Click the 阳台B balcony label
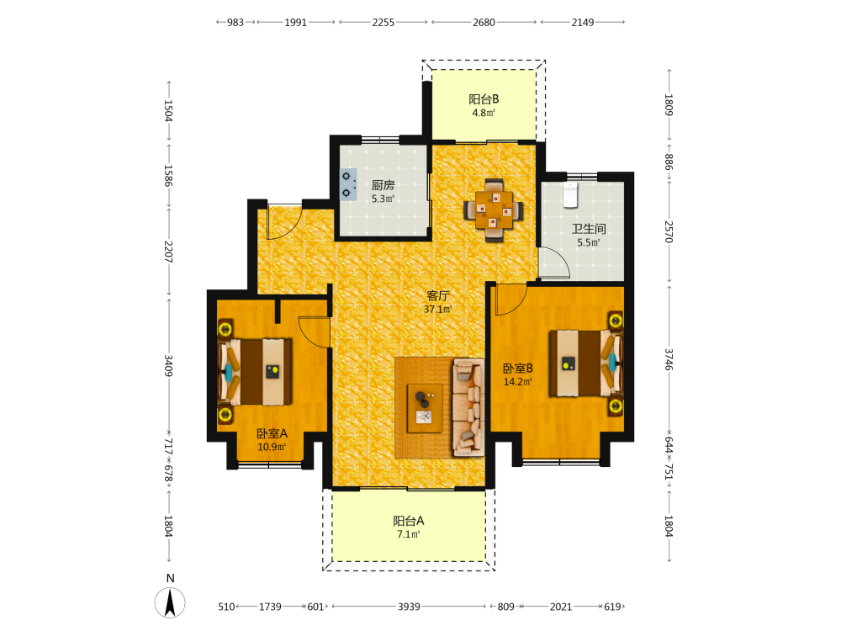tap(484, 99)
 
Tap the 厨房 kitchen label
tap(383, 185)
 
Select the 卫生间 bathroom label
tap(589, 229)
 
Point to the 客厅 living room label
tap(437, 295)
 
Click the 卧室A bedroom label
tap(272, 433)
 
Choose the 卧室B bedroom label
tap(517, 369)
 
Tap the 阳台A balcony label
tap(409, 521)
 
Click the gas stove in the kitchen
tap(348, 184)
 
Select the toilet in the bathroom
tap(570, 195)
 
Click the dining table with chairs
tap(494, 209)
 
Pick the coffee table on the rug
tap(425, 408)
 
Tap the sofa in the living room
tap(468, 408)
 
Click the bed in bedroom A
tap(255, 371)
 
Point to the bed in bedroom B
tap(586, 363)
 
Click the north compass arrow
tap(170, 602)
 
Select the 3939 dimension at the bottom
tap(409, 607)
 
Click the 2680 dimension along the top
tap(484, 23)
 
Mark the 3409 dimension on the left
tap(168, 365)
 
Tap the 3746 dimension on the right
tap(669, 359)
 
